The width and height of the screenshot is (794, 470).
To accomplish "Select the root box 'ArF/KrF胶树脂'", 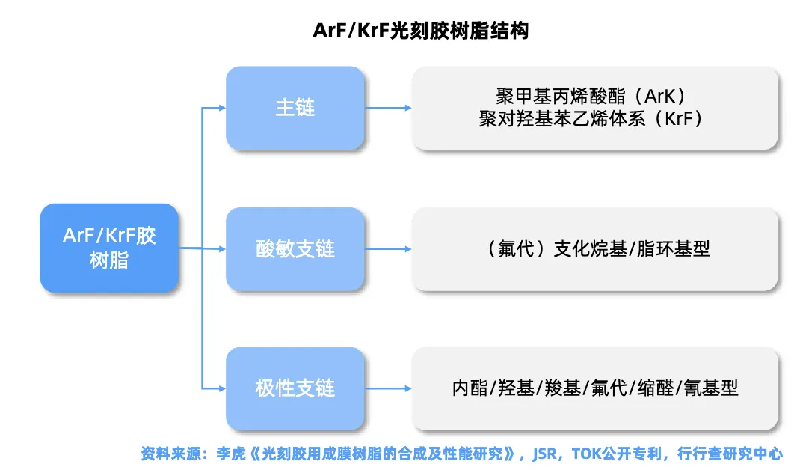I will click(109, 248).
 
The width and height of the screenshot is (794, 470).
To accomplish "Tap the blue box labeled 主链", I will click(295, 108).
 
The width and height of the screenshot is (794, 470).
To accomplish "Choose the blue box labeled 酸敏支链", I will click(295, 248).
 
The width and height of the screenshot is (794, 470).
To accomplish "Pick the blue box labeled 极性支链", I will click(295, 388).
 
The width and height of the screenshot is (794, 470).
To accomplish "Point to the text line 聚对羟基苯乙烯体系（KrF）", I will click(591, 119).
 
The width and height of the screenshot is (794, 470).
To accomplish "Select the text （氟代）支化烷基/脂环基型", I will click(595, 248).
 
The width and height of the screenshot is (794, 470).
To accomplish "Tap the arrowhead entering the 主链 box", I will click(221, 108).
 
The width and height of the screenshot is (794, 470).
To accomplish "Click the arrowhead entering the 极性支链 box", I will click(221, 388).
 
